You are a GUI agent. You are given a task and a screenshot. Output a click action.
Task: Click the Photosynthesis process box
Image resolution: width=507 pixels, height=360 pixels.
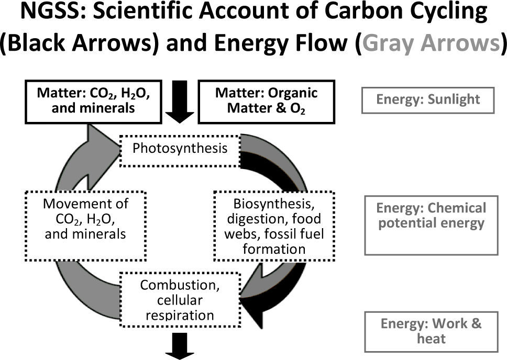coord(180,149)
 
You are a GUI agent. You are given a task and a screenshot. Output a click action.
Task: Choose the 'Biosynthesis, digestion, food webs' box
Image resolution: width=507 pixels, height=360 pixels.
coord(274,226)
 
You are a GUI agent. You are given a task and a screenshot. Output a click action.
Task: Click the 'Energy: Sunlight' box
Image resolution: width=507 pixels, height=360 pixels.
coord(427,100)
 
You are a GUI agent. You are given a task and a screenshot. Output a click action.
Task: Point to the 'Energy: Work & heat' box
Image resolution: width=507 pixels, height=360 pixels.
coord(431,331)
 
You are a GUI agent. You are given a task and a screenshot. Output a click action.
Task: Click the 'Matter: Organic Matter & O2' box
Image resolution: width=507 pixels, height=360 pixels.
coord(267,100)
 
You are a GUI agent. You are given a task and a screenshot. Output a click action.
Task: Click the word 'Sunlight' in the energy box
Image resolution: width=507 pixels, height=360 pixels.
coord(455,100)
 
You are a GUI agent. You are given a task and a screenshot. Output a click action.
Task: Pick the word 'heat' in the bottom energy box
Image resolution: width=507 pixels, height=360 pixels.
coord(431,339)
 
